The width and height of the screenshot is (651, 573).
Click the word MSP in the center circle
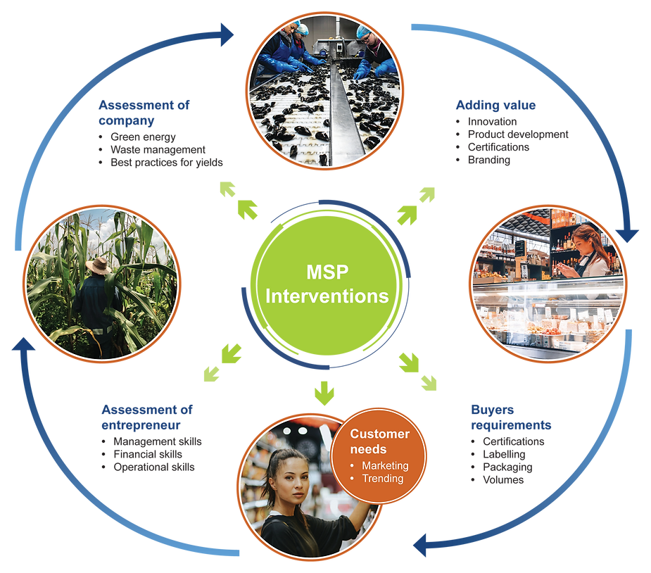point(326,272)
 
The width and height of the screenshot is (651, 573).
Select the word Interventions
point(326,296)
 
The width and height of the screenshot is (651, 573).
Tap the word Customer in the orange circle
point(379,434)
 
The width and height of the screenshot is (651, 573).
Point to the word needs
point(368,449)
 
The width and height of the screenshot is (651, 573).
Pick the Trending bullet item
point(382,479)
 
